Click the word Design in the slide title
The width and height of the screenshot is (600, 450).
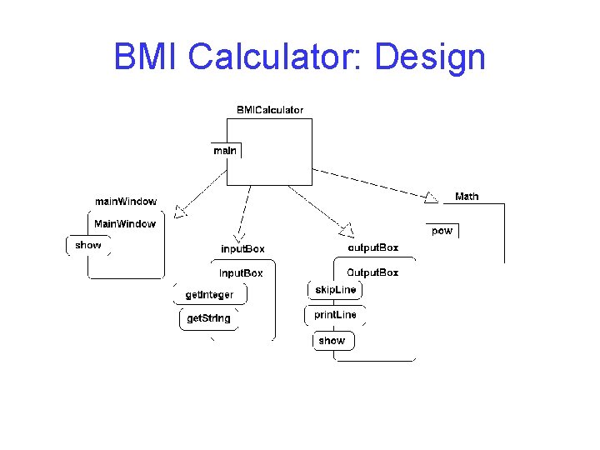[430, 57]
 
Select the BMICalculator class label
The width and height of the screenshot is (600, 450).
[270, 110]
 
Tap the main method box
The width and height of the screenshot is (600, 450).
[225, 150]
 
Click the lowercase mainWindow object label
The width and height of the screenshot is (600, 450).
[125, 202]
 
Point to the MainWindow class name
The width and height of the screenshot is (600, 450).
[125, 223]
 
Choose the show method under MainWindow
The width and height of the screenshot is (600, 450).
[88, 245]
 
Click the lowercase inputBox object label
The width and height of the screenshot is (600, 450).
[242, 249]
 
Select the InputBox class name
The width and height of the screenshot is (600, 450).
[241, 272]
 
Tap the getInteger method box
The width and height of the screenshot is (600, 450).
[210, 295]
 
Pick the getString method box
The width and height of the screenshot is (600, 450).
[208, 318]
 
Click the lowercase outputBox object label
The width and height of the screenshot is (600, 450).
[372, 247]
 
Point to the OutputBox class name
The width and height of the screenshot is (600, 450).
[372, 272]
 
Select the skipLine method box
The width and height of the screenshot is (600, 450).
[336, 290]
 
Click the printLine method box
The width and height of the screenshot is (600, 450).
[335, 315]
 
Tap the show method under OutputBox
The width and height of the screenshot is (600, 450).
[332, 341]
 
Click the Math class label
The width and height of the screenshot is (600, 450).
[467, 197]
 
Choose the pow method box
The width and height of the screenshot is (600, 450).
[442, 231]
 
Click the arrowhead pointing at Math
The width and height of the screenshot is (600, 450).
[431, 197]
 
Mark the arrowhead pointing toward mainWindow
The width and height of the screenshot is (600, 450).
[182, 211]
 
